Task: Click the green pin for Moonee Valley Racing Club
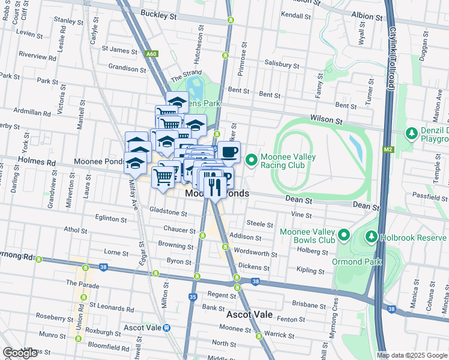252,160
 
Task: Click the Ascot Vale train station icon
167,328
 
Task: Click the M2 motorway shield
387,149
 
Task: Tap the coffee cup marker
229,152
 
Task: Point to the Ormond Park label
356,262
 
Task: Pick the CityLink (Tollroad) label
392,58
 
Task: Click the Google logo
20,353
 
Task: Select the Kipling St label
310,271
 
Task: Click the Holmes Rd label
37,161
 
